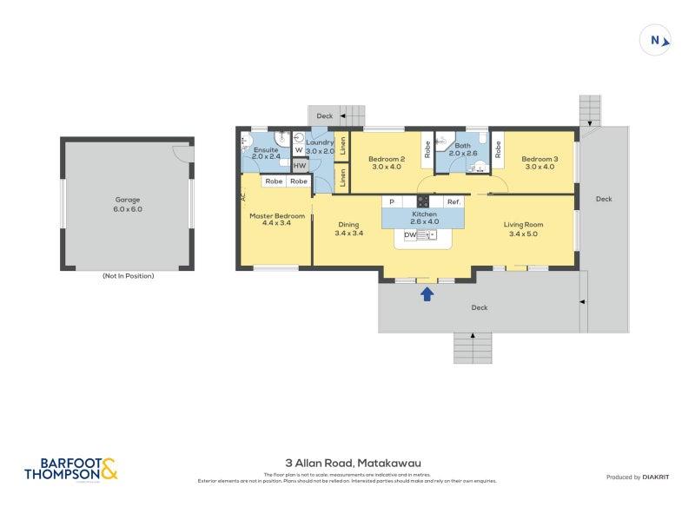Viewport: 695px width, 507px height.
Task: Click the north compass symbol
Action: [656, 39]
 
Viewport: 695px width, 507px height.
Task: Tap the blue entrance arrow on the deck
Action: [427, 294]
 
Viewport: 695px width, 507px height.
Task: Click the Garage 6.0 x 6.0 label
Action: [127, 204]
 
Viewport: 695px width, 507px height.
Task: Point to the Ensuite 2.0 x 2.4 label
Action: [265, 154]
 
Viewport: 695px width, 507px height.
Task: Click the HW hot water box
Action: [300, 166]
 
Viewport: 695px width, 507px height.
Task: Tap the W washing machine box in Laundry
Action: [298, 150]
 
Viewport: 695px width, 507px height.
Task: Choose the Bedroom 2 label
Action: [387, 163]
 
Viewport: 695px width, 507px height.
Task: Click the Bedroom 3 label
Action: [539, 163]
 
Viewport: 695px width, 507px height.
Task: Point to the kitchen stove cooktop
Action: [423, 201]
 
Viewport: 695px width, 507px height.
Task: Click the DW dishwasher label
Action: [409, 234]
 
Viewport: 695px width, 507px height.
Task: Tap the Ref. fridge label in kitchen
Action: [453, 201]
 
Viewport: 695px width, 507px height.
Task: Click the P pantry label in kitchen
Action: [392, 201]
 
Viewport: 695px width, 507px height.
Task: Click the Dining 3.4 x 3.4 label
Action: [348, 229]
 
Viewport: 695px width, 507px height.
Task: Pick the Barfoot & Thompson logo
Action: [70, 470]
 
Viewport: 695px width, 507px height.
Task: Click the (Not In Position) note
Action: [128, 276]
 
